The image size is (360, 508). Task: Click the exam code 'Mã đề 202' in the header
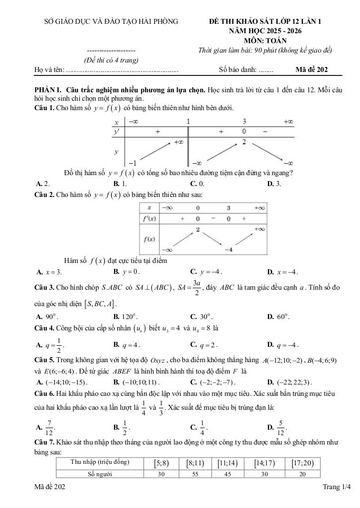click(311, 70)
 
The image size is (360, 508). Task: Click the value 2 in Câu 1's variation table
click(244, 142)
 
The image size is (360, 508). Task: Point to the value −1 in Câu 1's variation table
click(132, 163)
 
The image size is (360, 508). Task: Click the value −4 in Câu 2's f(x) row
click(228, 250)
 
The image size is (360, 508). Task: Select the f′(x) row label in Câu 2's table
click(149, 219)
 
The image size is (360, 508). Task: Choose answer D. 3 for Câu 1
click(274, 184)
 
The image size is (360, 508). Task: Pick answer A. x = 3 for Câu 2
click(49, 272)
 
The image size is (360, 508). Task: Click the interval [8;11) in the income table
click(195, 463)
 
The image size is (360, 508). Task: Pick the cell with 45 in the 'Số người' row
click(226, 474)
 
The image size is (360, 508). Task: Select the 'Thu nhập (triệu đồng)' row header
click(100, 462)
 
